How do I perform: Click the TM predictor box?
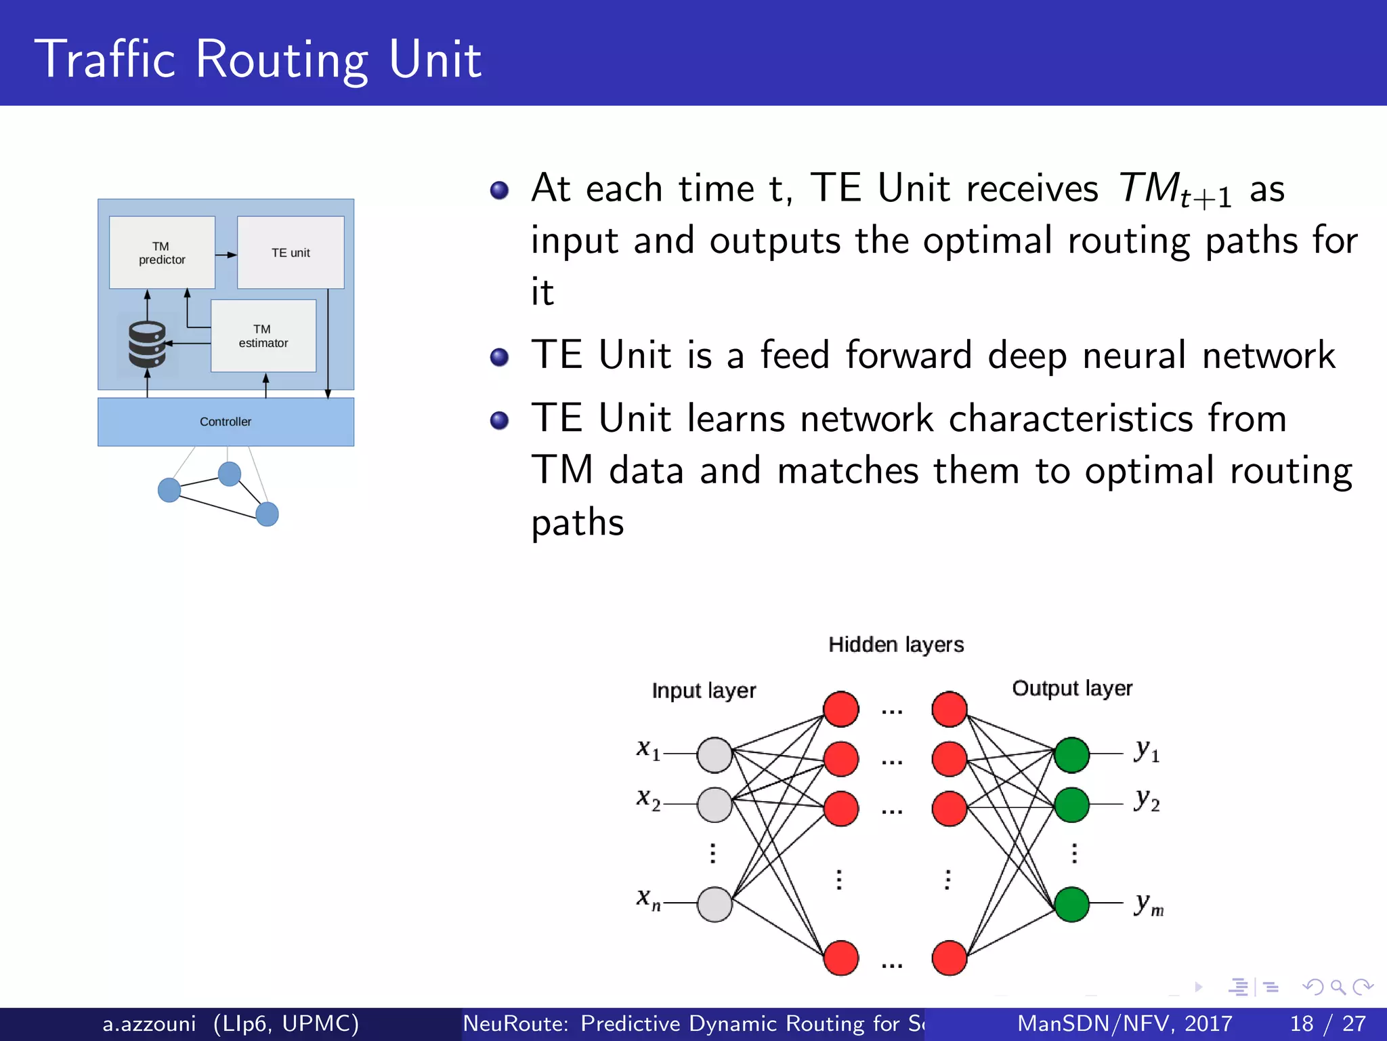coord(162,253)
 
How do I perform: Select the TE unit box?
coord(291,253)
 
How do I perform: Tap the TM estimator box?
coord(263,336)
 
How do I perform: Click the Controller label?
coord(226,422)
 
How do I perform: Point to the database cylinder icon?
coord(147,344)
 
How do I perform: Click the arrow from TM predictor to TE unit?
coord(226,255)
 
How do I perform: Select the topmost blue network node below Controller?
coord(230,474)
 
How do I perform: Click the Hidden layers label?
coord(896,645)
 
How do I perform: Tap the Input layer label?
coord(704,691)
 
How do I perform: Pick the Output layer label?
coord(1072,689)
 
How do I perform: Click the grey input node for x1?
coord(714,755)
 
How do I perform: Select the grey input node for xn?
coord(714,904)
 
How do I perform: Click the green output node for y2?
coord(1071,804)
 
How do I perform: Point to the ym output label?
coord(1149,904)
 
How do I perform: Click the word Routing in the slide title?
coord(282,60)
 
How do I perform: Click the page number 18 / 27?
coord(1328,1023)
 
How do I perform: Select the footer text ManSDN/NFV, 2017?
coord(1124,1023)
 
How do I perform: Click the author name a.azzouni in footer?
coord(149,1023)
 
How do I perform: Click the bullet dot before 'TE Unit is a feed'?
coord(499,356)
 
